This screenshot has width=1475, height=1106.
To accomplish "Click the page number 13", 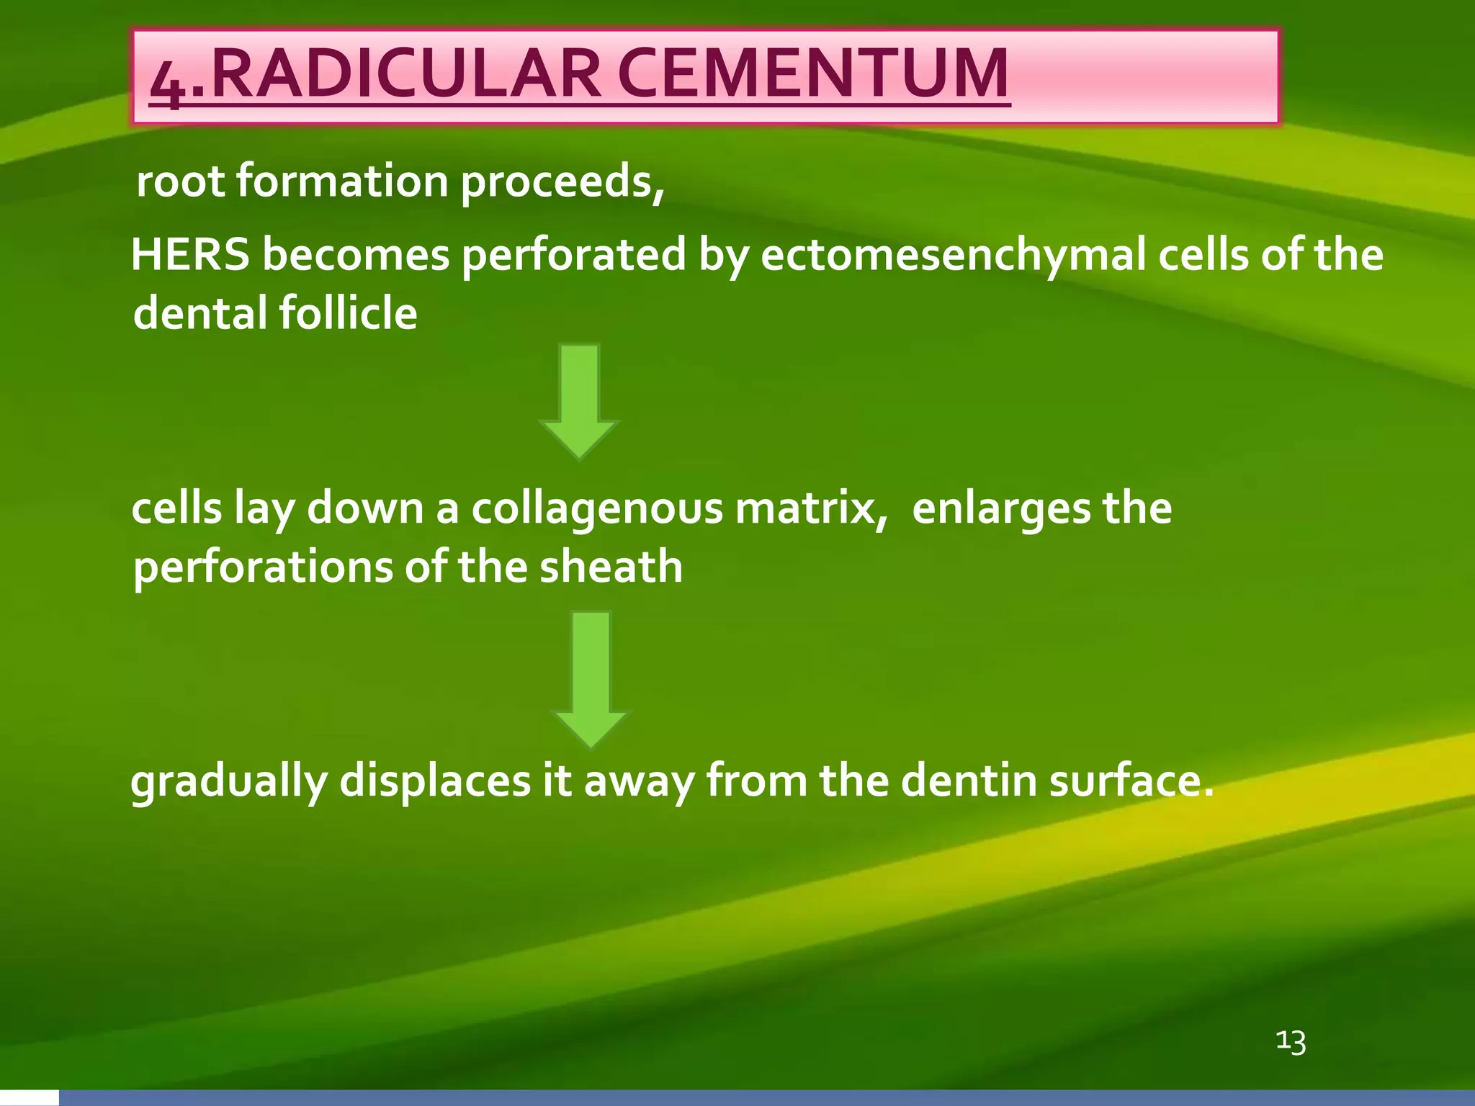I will tap(1291, 1041).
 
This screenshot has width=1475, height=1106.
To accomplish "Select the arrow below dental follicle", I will tap(579, 400).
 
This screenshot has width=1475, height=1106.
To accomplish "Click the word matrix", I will tap(811, 508).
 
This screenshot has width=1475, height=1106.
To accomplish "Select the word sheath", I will tap(611, 567).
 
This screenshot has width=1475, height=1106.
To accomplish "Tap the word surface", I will tap(1130, 781).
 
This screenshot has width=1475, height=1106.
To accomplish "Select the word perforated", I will tap(573, 256).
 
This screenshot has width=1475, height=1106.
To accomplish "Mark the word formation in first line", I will tap(343, 181).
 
